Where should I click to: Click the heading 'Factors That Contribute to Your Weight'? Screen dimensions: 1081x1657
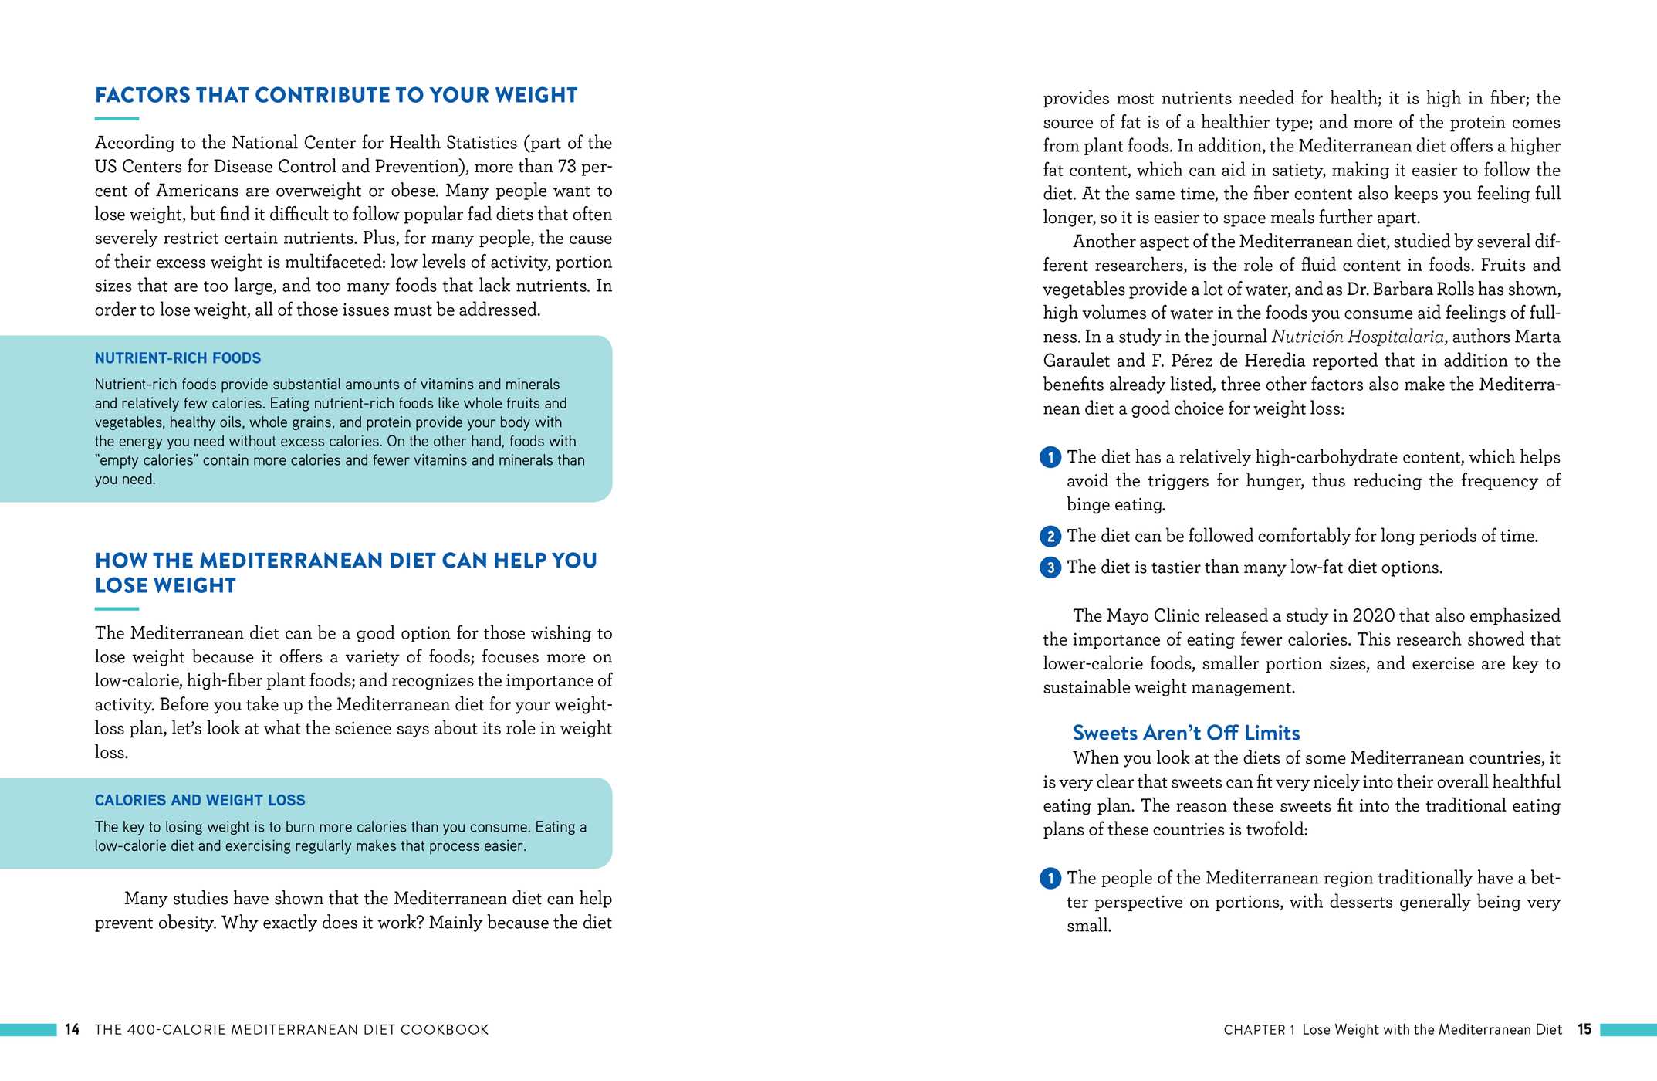point(336,96)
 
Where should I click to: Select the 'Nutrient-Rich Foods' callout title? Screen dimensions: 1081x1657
point(178,358)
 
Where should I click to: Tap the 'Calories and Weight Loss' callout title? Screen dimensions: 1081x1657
point(200,801)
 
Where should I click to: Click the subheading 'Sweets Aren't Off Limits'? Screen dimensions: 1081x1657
point(1185,733)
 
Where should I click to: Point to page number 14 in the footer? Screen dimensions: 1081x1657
point(73,1029)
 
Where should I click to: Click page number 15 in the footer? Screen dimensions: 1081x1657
point(1584,1029)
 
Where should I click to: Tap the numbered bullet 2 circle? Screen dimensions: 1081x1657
point(1050,537)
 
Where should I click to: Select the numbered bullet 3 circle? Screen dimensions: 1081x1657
point(1050,568)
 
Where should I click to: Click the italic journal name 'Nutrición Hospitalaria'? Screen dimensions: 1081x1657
point(1357,337)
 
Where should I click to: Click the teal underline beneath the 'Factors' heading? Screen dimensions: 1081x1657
point(117,119)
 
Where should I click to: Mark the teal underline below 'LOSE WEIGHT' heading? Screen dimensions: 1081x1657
point(117,609)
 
